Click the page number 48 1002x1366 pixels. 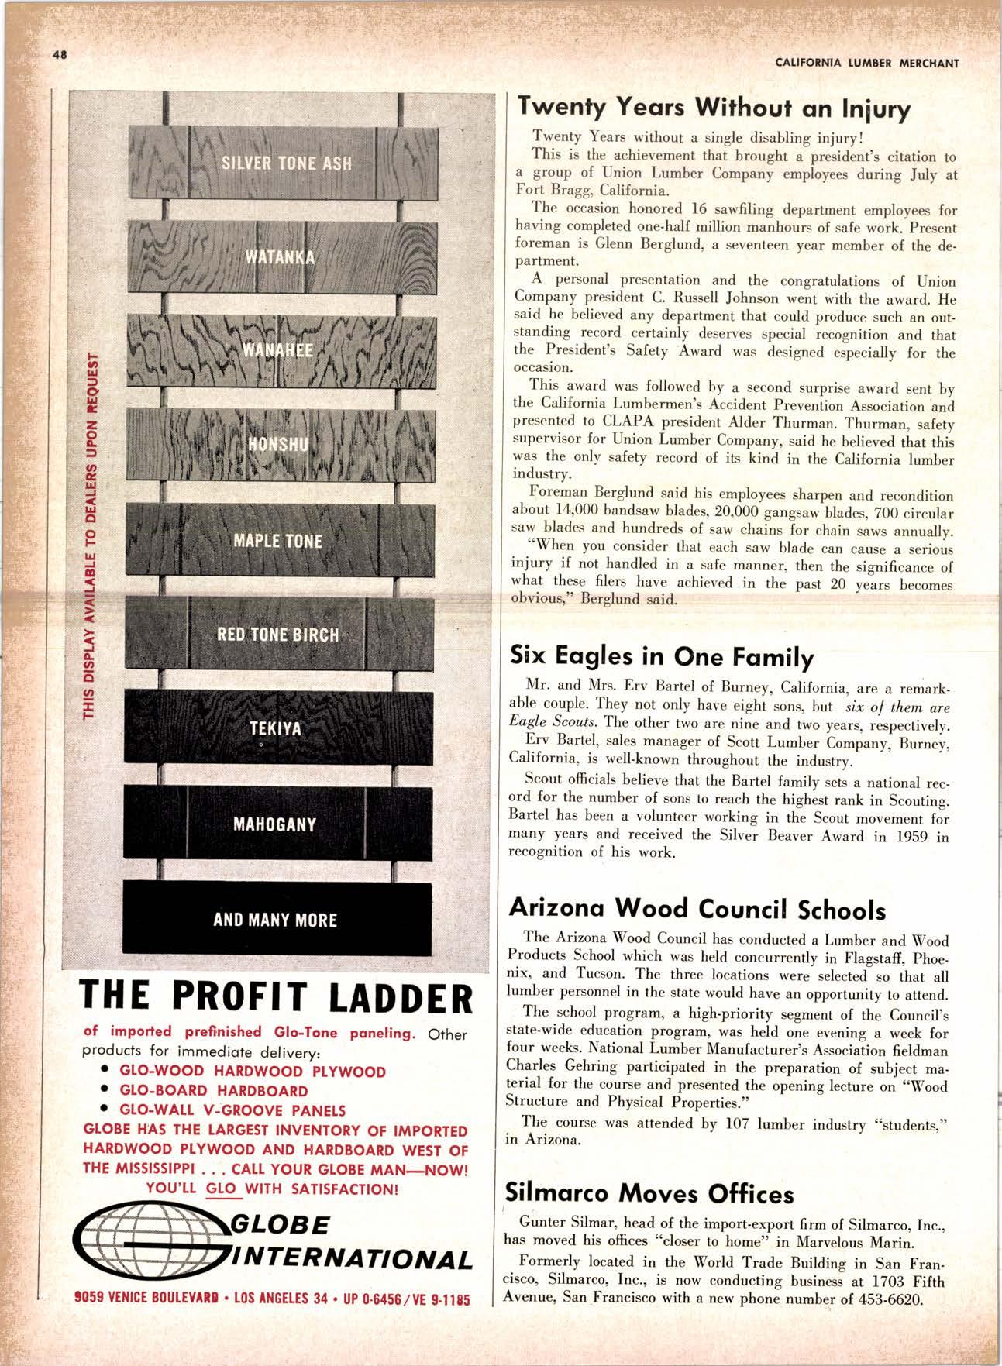point(60,55)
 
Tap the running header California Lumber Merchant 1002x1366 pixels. point(866,64)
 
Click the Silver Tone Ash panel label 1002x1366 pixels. point(287,163)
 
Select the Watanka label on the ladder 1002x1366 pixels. point(280,257)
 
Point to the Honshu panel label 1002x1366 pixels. point(278,444)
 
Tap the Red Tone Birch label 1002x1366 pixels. point(277,635)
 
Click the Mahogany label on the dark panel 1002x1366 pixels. point(274,824)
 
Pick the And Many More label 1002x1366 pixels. point(275,920)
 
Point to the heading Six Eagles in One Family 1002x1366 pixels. point(661,657)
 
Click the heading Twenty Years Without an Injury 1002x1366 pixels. point(714,108)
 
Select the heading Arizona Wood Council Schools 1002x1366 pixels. point(697,909)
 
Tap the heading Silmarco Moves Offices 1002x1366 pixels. point(649,1192)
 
